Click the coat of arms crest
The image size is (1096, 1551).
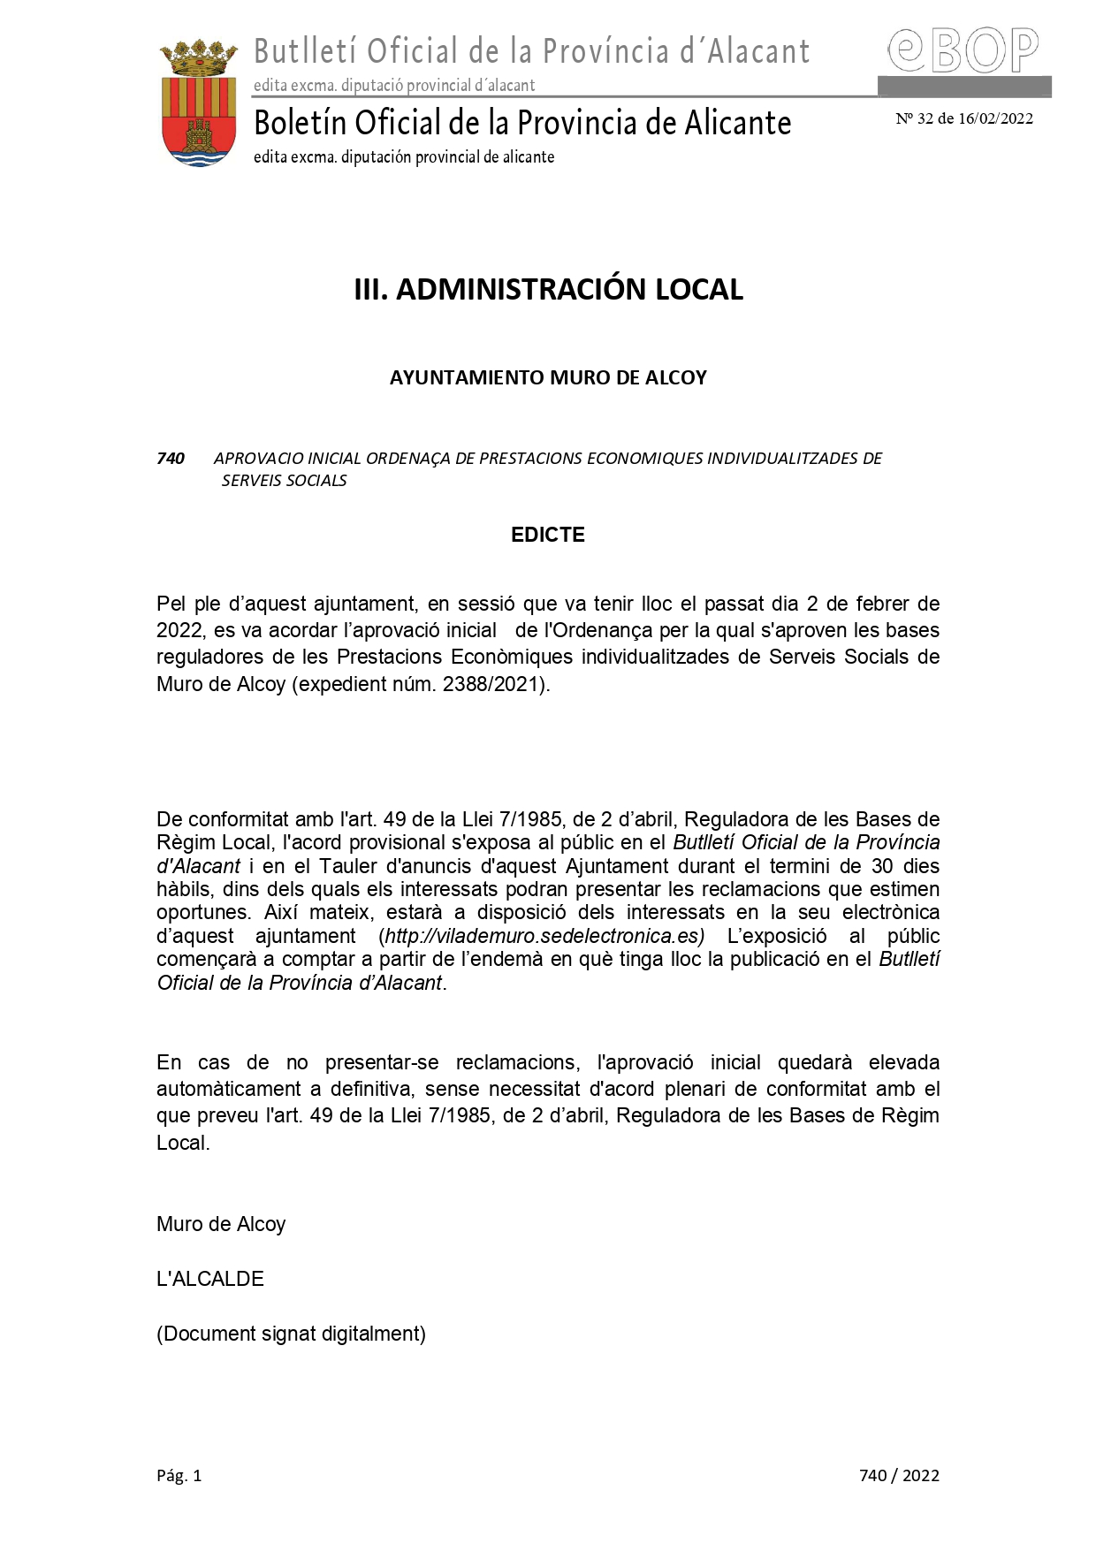(198, 103)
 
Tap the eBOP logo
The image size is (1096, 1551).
(963, 51)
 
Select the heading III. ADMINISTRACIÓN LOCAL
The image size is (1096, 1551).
(548, 290)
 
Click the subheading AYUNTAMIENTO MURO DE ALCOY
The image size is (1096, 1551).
(548, 378)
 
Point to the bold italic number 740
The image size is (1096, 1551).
(171, 459)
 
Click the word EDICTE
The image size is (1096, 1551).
(548, 535)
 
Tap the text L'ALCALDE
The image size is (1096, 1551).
(210, 1279)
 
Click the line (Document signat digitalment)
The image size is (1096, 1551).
(291, 1334)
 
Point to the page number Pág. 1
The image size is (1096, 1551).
(179, 1475)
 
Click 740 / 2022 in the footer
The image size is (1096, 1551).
(899, 1475)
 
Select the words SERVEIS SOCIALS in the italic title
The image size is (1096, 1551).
(284, 481)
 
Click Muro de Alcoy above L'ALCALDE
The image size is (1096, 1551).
(221, 1224)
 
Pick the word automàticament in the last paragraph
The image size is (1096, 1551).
(229, 1089)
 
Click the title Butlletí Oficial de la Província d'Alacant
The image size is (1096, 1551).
(531, 51)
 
